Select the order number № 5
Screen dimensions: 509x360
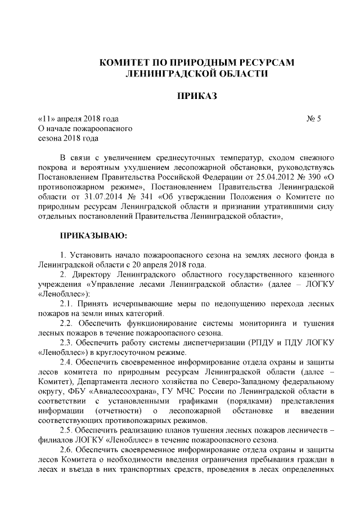[x=313, y=119]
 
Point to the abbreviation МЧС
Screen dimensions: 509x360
[x=192, y=391]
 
